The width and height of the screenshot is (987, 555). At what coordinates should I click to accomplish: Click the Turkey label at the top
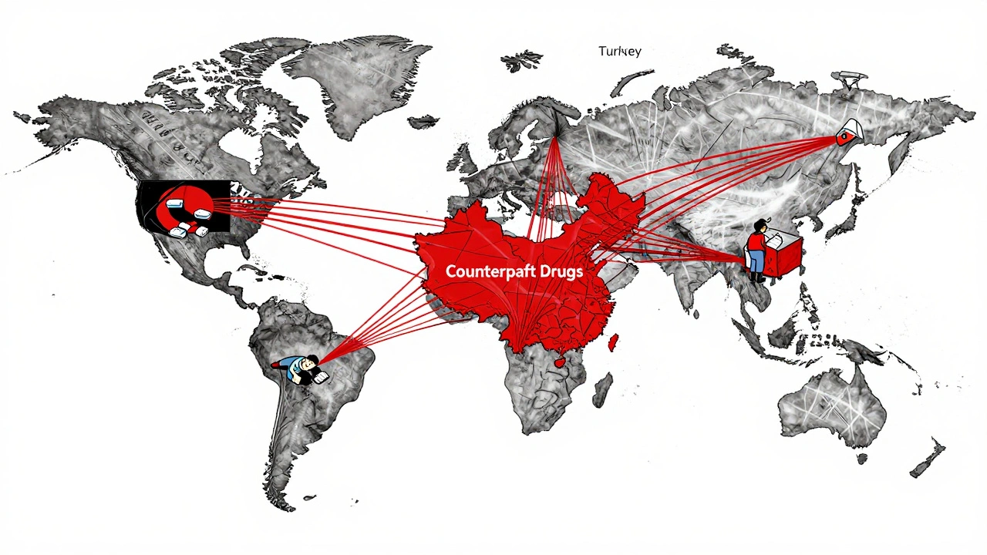(x=619, y=51)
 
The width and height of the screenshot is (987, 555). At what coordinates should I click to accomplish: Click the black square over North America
(x=183, y=206)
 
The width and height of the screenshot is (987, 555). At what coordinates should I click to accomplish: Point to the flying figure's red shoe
(x=276, y=362)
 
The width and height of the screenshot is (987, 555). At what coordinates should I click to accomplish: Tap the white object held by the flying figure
(x=319, y=375)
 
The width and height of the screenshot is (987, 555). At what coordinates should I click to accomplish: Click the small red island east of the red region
(x=615, y=340)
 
